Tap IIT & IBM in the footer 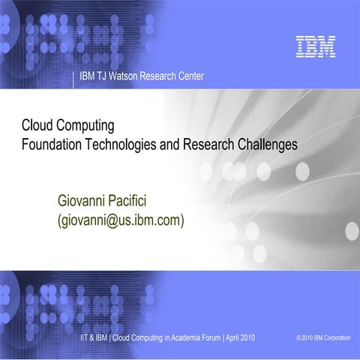point(97,338)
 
